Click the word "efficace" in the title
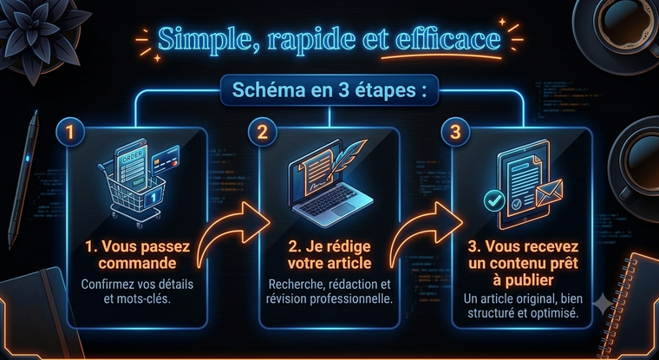click(x=448, y=40)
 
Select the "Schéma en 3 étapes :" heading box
click(x=329, y=90)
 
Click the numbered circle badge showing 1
click(x=69, y=132)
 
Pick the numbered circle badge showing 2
click(x=262, y=132)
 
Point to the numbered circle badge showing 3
click(x=455, y=132)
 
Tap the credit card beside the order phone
click(x=166, y=160)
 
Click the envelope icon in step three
click(x=549, y=193)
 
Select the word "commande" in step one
click(x=137, y=264)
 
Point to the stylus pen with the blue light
click(x=23, y=180)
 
